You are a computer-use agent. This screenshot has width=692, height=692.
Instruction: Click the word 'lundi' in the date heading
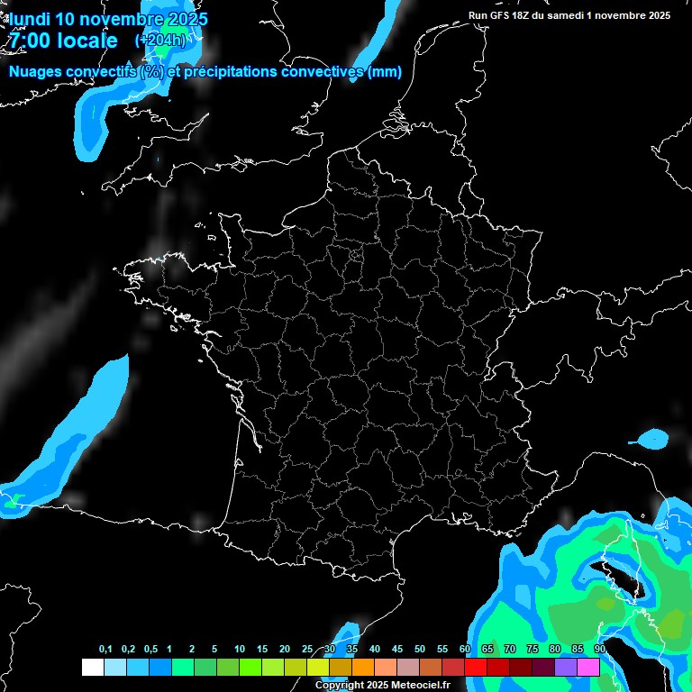pos(29,19)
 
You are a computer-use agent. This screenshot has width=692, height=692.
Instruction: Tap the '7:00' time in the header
pos(28,41)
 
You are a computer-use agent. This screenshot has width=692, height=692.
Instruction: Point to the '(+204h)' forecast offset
pos(159,41)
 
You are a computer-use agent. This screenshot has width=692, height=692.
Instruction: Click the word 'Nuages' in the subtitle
pos(36,71)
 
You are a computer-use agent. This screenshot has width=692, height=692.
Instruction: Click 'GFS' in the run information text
pos(503,15)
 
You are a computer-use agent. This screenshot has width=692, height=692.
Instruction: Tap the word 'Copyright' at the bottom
pos(340,686)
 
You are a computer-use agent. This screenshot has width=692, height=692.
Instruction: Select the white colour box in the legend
pos(92,667)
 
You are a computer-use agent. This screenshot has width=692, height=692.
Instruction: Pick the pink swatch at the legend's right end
pos(588,667)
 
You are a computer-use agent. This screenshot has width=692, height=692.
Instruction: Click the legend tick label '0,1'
pos(105,650)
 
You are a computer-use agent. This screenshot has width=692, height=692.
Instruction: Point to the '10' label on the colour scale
pos(239,650)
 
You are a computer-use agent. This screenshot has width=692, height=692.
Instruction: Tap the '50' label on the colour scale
pos(420,650)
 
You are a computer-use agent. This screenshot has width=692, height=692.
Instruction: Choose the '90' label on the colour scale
pos(599,650)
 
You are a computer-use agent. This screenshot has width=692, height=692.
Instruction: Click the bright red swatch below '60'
pos(476,667)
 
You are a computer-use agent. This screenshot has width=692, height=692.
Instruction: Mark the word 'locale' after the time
pos(86,41)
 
